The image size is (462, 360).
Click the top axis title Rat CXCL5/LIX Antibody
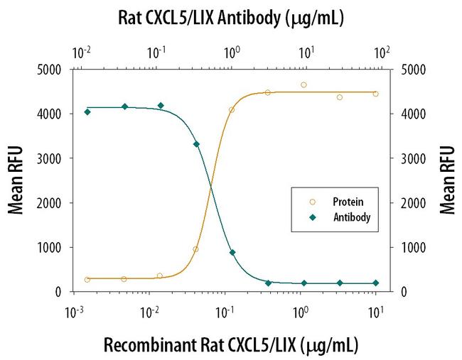[230, 18]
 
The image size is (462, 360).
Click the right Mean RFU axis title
[448, 180]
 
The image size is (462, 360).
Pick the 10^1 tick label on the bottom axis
[375, 312]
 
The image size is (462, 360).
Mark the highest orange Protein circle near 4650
[303, 85]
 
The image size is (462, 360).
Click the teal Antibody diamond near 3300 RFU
[196, 144]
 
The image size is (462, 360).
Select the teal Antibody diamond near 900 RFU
[232, 252]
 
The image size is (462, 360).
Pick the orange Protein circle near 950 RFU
[195, 249]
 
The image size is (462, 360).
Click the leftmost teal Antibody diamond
[87, 111]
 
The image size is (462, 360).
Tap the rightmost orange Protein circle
[375, 94]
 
